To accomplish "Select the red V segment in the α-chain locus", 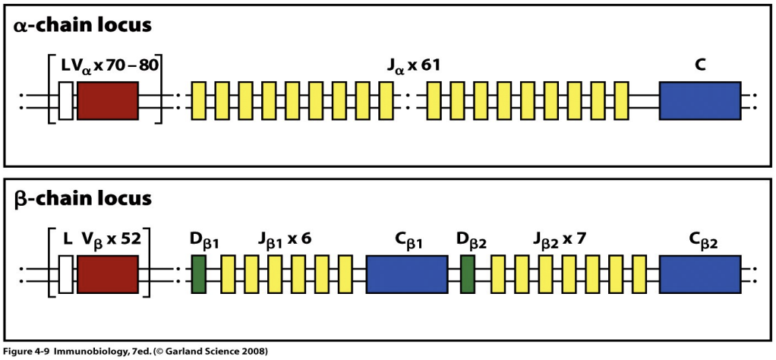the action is coord(107,101).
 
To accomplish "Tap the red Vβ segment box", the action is coord(107,275).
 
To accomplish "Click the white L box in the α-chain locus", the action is coord(65,101).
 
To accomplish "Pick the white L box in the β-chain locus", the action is coord(65,275).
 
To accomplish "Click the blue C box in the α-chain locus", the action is coord(700,101).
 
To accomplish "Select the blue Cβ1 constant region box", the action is coord(406,275).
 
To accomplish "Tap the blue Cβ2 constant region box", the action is coord(700,275).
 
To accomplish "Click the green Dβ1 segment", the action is coord(199,275).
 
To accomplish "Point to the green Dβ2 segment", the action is coord(468,275).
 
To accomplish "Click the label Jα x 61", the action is coord(413,67).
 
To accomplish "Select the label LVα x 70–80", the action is coord(109,67).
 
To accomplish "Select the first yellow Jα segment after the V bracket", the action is coord(198,101).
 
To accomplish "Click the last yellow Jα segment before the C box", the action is coord(621,101).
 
